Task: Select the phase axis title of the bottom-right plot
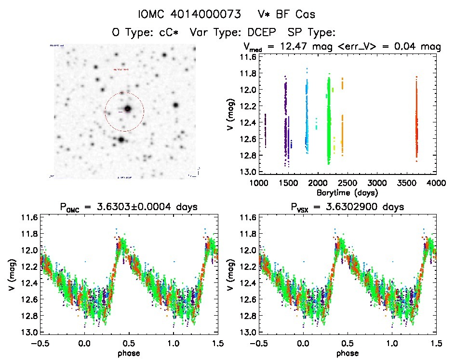coord(347,352)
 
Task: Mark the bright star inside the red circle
coord(128,109)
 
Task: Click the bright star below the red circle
coord(121,140)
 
